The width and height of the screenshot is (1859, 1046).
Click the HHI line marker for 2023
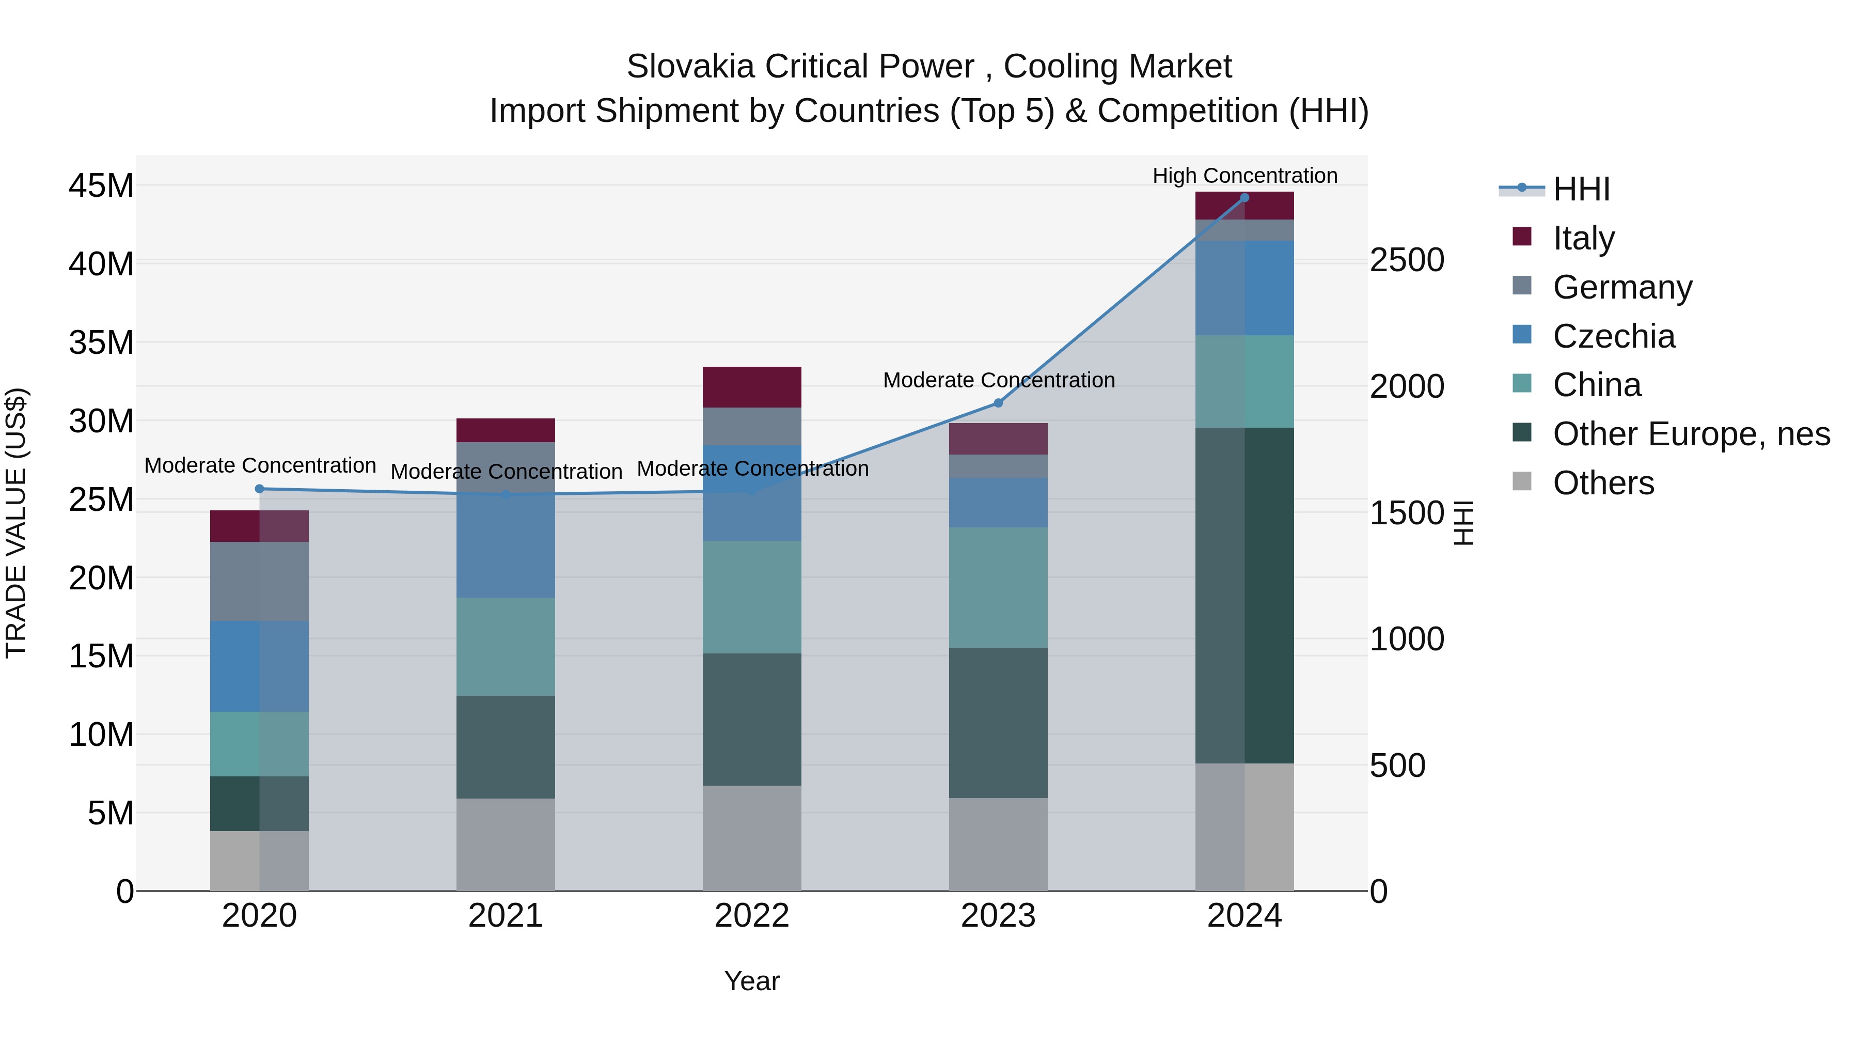[998, 403]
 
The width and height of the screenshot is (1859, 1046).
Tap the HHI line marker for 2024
[1244, 198]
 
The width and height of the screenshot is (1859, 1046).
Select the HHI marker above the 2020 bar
[260, 489]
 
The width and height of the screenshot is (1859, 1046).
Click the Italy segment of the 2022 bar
[752, 387]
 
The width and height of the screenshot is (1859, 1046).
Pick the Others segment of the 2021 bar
[505, 844]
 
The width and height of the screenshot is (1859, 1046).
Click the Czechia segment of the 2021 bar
[505, 545]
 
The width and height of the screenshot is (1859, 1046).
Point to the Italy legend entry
[1583, 238]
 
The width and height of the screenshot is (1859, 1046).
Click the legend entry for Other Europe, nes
[1691, 434]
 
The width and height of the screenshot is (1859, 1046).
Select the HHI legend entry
[1581, 189]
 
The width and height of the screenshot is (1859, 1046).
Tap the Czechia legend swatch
[1522, 335]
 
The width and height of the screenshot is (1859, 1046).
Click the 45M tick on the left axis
[101, 185]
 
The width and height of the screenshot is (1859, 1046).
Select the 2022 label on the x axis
[752, 915]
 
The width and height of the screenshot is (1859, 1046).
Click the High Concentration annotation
[1244, 176]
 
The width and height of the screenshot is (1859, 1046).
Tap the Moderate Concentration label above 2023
[999, 380]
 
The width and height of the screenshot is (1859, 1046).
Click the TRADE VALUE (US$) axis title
[16, 523]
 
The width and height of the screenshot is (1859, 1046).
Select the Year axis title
[752, 981]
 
